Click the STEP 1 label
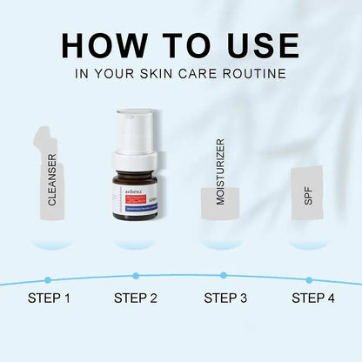coord(48,298)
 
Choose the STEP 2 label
coord(135,298)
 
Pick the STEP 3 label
coord(225,298)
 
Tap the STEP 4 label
coord(312,298)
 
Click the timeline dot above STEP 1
coord(48,279)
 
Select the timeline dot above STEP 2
coord(135,275)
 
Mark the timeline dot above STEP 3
coord(224,275)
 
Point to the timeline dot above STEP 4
coord(309,279)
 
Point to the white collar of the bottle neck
coord(134,160)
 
